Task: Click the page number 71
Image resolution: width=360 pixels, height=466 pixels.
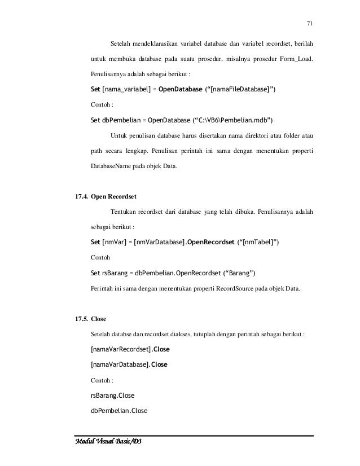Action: coord(309,23)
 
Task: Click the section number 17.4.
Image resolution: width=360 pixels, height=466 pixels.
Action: coord(77,197)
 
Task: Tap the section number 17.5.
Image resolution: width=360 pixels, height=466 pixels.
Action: coord(77,318)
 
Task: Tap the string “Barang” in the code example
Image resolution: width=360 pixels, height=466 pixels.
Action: coord(239,273)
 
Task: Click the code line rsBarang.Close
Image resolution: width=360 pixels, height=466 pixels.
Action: coord(112,395)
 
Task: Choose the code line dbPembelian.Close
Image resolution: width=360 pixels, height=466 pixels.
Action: coord(119,410)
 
